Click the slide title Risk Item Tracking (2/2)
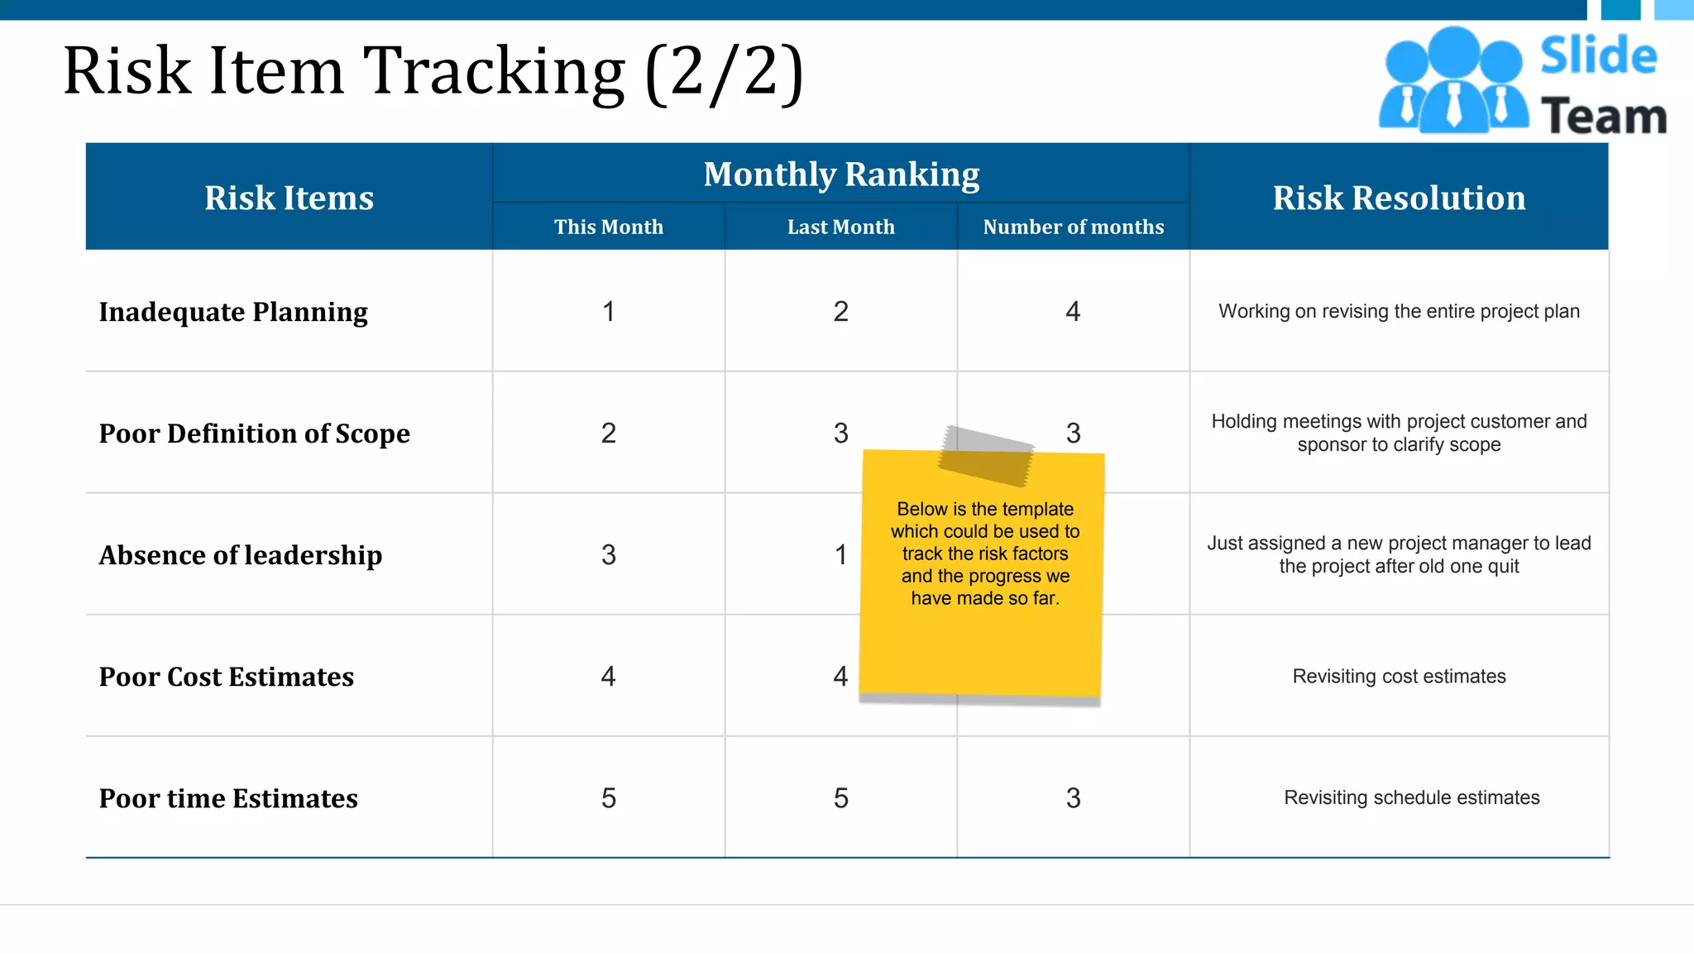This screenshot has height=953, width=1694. coord(433,71)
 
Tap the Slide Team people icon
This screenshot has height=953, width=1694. coord(1452,81)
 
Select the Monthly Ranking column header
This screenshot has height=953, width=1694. coord(841,175)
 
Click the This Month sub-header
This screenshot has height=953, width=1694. coord(609,227)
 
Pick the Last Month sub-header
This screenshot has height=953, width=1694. coord(840,227)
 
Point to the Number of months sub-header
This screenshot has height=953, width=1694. coord(1073,227)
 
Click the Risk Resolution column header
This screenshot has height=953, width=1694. coord(1399,198)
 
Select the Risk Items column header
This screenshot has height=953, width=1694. coord(289,198)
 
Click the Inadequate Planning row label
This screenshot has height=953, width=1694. coord(233,312)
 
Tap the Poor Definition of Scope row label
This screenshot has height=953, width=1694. coord(254,433)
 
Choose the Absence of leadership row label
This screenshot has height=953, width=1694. coord(241,555)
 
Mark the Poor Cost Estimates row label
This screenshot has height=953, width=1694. coord(226,677)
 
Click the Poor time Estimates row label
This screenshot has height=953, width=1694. coord(228,798)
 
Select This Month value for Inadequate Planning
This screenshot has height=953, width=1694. coord(609,312)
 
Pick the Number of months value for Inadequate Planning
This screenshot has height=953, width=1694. coord(1073,312)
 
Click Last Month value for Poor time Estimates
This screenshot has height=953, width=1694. coord(840,798)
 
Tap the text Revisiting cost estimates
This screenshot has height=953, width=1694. coord(1399,677)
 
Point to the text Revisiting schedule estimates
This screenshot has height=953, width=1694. coord(1411,798)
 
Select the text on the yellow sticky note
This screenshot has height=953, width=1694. coord(985,553)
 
